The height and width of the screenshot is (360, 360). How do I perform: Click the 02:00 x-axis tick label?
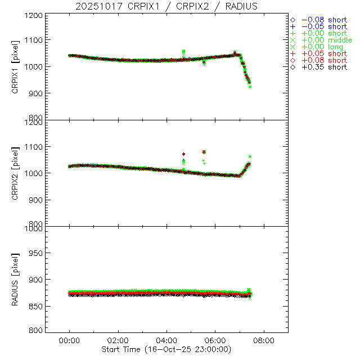tap(118, 341)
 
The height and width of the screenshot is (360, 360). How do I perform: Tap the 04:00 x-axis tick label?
tap(166, 341)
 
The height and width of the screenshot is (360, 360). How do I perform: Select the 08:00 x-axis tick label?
tap(264, 341)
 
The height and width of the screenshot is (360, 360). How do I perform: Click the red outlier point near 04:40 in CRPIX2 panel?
tap(183, 154)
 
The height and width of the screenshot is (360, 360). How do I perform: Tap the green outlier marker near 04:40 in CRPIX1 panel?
tap(183, 52)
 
